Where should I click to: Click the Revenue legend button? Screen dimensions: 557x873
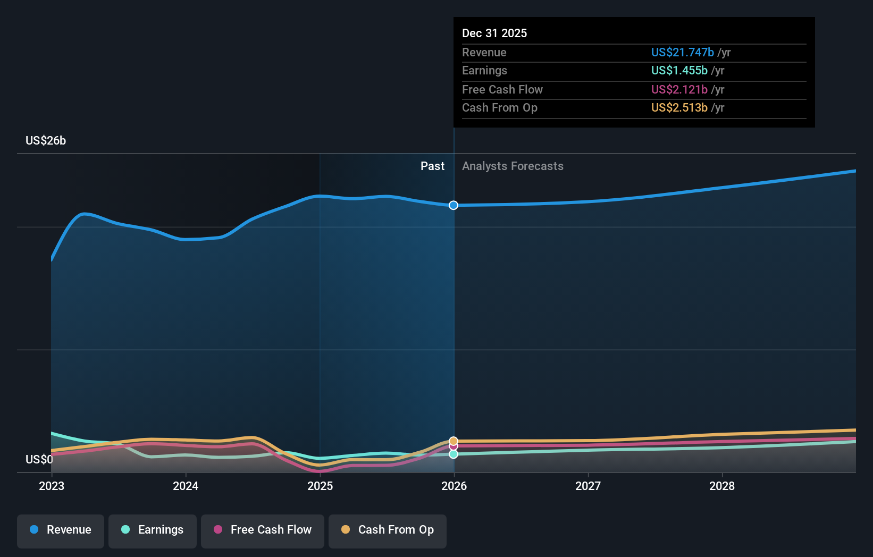(x=61, y=530)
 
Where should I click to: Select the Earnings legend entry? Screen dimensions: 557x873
(x=153, y=530)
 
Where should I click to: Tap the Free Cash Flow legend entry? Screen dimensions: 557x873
(x=263, y=530)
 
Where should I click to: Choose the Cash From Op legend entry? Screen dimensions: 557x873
(x=388, y=530)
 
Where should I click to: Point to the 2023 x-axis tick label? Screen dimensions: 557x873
(x=52, y=486)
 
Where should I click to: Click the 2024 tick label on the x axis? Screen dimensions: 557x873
(x=186, y=486)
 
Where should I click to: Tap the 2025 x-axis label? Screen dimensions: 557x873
(x=320, y=486)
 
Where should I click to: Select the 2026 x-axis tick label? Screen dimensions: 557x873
(x=454, y=486)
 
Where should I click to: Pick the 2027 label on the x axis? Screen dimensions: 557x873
(x=588, y=486)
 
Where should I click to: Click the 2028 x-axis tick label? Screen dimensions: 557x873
(x=722, y=486)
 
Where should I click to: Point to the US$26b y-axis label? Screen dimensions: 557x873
(x=46, y=141)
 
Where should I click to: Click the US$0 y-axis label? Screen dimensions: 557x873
(x=39, y=460)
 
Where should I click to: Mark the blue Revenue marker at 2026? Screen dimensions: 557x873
(x=454, y=205)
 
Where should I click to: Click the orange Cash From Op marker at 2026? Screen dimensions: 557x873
(x=454, y=441)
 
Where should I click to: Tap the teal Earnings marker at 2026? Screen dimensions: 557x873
(x=454, y=454)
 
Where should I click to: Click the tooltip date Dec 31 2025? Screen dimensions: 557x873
(x=494, y=33)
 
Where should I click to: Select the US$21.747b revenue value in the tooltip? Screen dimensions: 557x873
(x=683, y=53)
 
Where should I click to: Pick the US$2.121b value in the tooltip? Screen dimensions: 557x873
(x=679, y=90)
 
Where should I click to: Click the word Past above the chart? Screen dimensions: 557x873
(x=432, y=166)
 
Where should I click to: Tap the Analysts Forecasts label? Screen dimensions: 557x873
(x=513, y=166)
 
